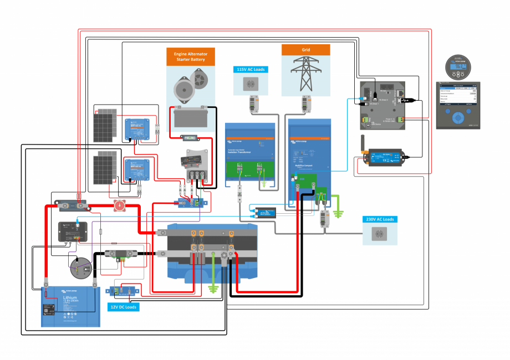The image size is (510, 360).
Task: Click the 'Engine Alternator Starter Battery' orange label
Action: pos(193,55)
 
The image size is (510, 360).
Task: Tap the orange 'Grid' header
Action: pos(306,49)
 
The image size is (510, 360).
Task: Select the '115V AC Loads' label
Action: pos(250,69)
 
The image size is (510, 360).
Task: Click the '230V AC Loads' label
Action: pos(380,219)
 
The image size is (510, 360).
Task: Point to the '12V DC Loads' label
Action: pos(123,306)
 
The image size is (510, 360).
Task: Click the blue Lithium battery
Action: pos(70,308)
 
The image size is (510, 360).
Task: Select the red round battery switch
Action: pos(120,207)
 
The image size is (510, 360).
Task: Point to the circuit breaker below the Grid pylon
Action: pos(306,104)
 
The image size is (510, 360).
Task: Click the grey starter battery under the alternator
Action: pos(191,117)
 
